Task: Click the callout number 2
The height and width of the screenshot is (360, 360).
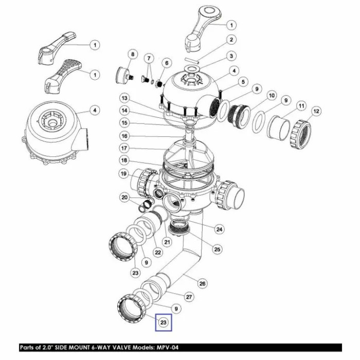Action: pyautogui.click(x=231, y=40)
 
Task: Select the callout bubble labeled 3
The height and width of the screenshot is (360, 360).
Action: pyautogui.click(x=231, y=56)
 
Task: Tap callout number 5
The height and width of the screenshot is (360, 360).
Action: pyautogui.click(x=243, y=82)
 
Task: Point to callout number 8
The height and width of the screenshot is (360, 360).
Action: pyautogui.click(x=133, y=55)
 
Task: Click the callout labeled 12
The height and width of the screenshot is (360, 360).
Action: pyautogui.click(x=316, y=111)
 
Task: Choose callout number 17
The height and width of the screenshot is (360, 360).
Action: pyautogui.click(x=124, y=148)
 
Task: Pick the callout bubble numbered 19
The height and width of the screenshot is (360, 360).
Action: pyautogui.click(x=124, y=174)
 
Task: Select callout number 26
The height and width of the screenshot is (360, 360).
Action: pyautogui.click(x=202, y=283)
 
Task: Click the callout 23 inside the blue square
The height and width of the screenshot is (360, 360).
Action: pyautogui.click(x=163, y=322)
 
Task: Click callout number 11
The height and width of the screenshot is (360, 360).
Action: pyautogui.click(x=301, y=106)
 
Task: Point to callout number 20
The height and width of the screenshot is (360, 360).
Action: pyautogui.click(x=124, y=197)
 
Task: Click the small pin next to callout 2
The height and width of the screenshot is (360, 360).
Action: pyautogui.click(x=192, y=61)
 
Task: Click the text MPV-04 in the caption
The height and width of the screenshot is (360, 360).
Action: pyautogui.click(x=167, y=347)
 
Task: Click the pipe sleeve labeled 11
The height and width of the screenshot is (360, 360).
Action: pyautogui.click(x=279, y=128)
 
